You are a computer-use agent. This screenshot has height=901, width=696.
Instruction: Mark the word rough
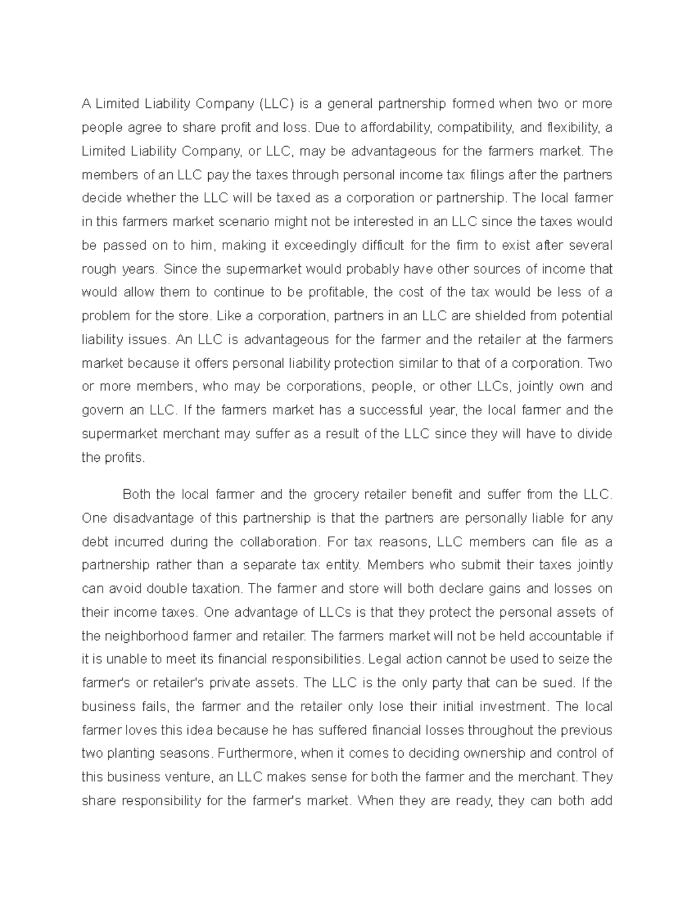(99, 269)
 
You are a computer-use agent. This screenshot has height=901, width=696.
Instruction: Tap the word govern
(102, 410)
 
